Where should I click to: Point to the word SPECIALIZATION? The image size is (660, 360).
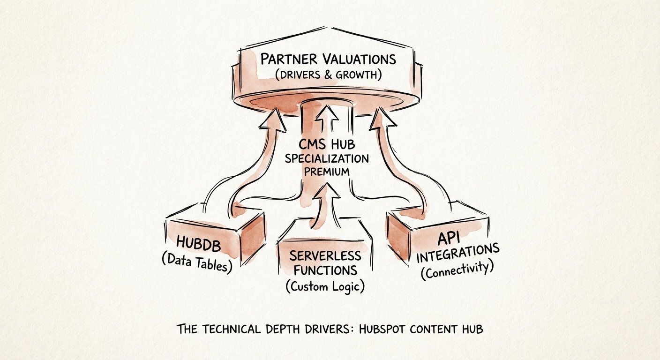point(327,158)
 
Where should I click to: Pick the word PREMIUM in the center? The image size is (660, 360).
point(327,171)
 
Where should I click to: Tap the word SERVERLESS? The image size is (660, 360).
point(325,256)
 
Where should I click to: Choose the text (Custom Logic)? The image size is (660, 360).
point(325,286)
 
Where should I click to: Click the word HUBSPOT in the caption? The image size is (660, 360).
point(379,329)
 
